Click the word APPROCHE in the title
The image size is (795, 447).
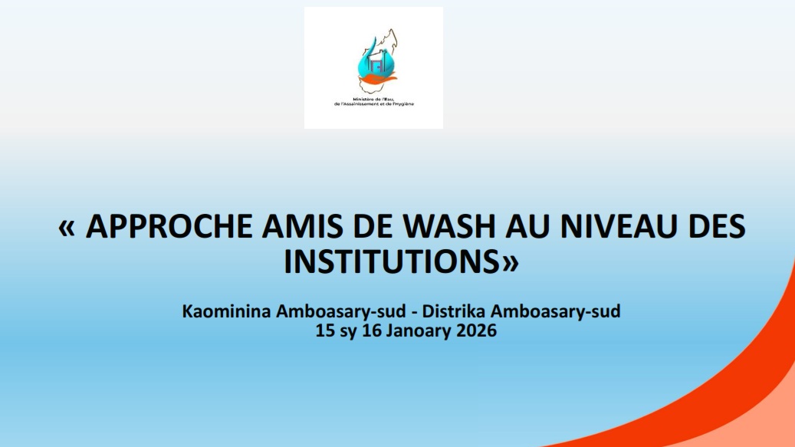(169, 226)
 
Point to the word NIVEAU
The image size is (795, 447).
(618, 226)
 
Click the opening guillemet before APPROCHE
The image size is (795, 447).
(67, 228)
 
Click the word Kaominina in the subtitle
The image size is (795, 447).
(226, 311)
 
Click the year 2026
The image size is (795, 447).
(476, 330)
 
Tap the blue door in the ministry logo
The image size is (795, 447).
(376, 65)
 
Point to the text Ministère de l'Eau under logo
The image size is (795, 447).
(373, 99)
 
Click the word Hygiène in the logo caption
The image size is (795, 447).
(403, 104)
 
